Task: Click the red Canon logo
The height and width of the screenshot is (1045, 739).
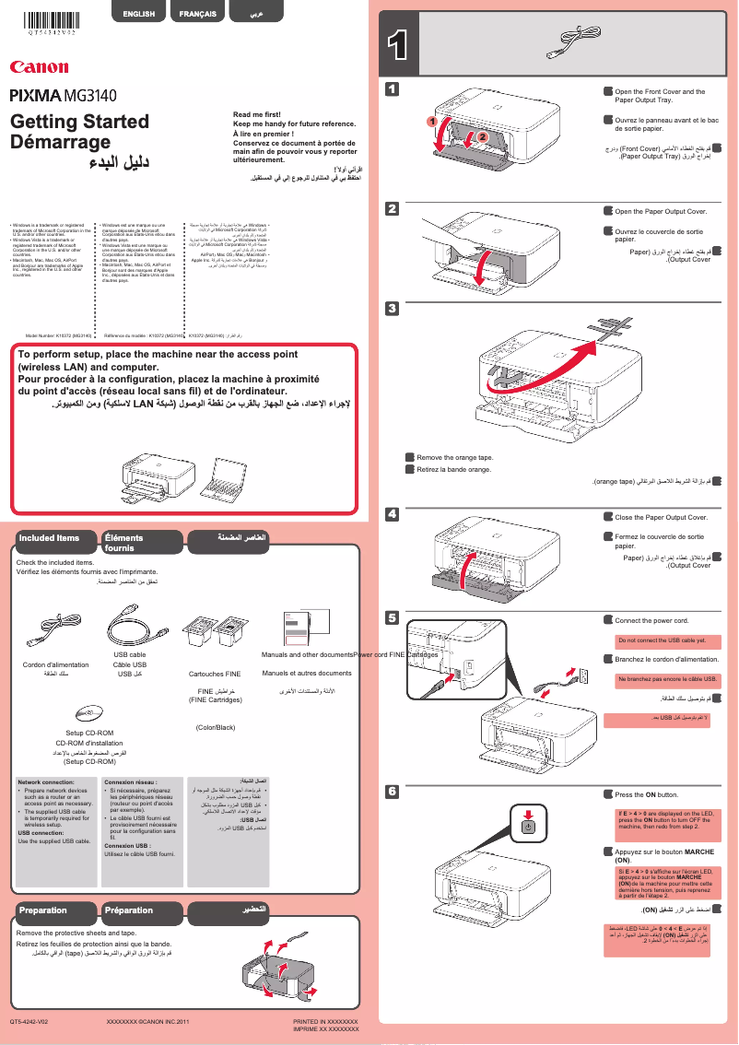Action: point(39,67)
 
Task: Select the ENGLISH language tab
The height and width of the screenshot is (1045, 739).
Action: point(139,15)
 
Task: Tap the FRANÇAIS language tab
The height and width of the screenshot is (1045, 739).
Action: point(198,15)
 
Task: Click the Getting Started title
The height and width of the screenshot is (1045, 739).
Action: point(79,122)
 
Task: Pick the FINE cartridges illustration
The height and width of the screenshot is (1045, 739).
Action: point(210,636)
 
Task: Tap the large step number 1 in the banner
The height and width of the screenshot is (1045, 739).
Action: point(398,47)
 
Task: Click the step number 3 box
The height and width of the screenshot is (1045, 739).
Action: point(392,308)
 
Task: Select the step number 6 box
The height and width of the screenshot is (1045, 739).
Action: point(392,791)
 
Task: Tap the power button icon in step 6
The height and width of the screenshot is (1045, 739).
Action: point(527,826)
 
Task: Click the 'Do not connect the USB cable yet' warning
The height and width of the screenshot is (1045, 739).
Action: point(662,640)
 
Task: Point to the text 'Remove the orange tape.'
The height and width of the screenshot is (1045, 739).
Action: point(454,457)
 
